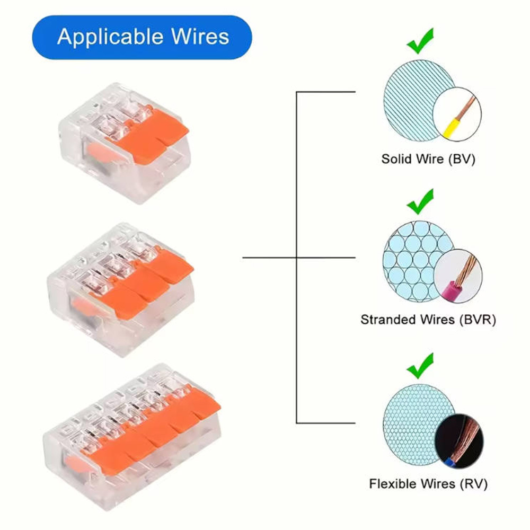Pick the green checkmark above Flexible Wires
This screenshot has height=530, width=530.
click(420, 365)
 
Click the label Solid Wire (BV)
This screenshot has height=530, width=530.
click(428, 158)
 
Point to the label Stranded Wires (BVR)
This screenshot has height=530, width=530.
click(428, 320)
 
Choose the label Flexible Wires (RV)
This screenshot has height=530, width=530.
click(428, 483)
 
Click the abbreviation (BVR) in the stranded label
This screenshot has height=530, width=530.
click(477, 320)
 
